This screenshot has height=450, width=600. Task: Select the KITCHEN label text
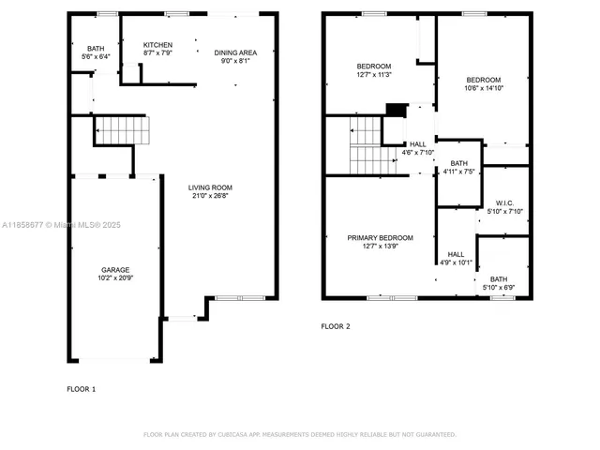(x=157, y=45)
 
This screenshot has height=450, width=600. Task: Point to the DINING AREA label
(x=235, y=52)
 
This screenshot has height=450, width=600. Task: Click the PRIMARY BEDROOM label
(x=380, y=238)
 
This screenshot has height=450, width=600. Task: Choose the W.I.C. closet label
(x=502, y=203)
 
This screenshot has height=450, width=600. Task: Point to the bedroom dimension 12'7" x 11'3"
(x=374, y=75)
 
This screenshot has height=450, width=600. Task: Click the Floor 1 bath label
(x=97, y=49)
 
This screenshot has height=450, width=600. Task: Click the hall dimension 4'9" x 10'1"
(x=456, y=263)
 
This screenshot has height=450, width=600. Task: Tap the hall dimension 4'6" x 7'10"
(x=417, y=153)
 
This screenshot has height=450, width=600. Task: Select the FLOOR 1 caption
(x=81, y=388)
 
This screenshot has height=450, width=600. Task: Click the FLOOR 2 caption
(x=336, y=326)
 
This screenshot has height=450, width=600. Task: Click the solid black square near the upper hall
(x=396, y=109)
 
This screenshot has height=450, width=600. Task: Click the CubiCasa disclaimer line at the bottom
(x=300, y=435)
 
